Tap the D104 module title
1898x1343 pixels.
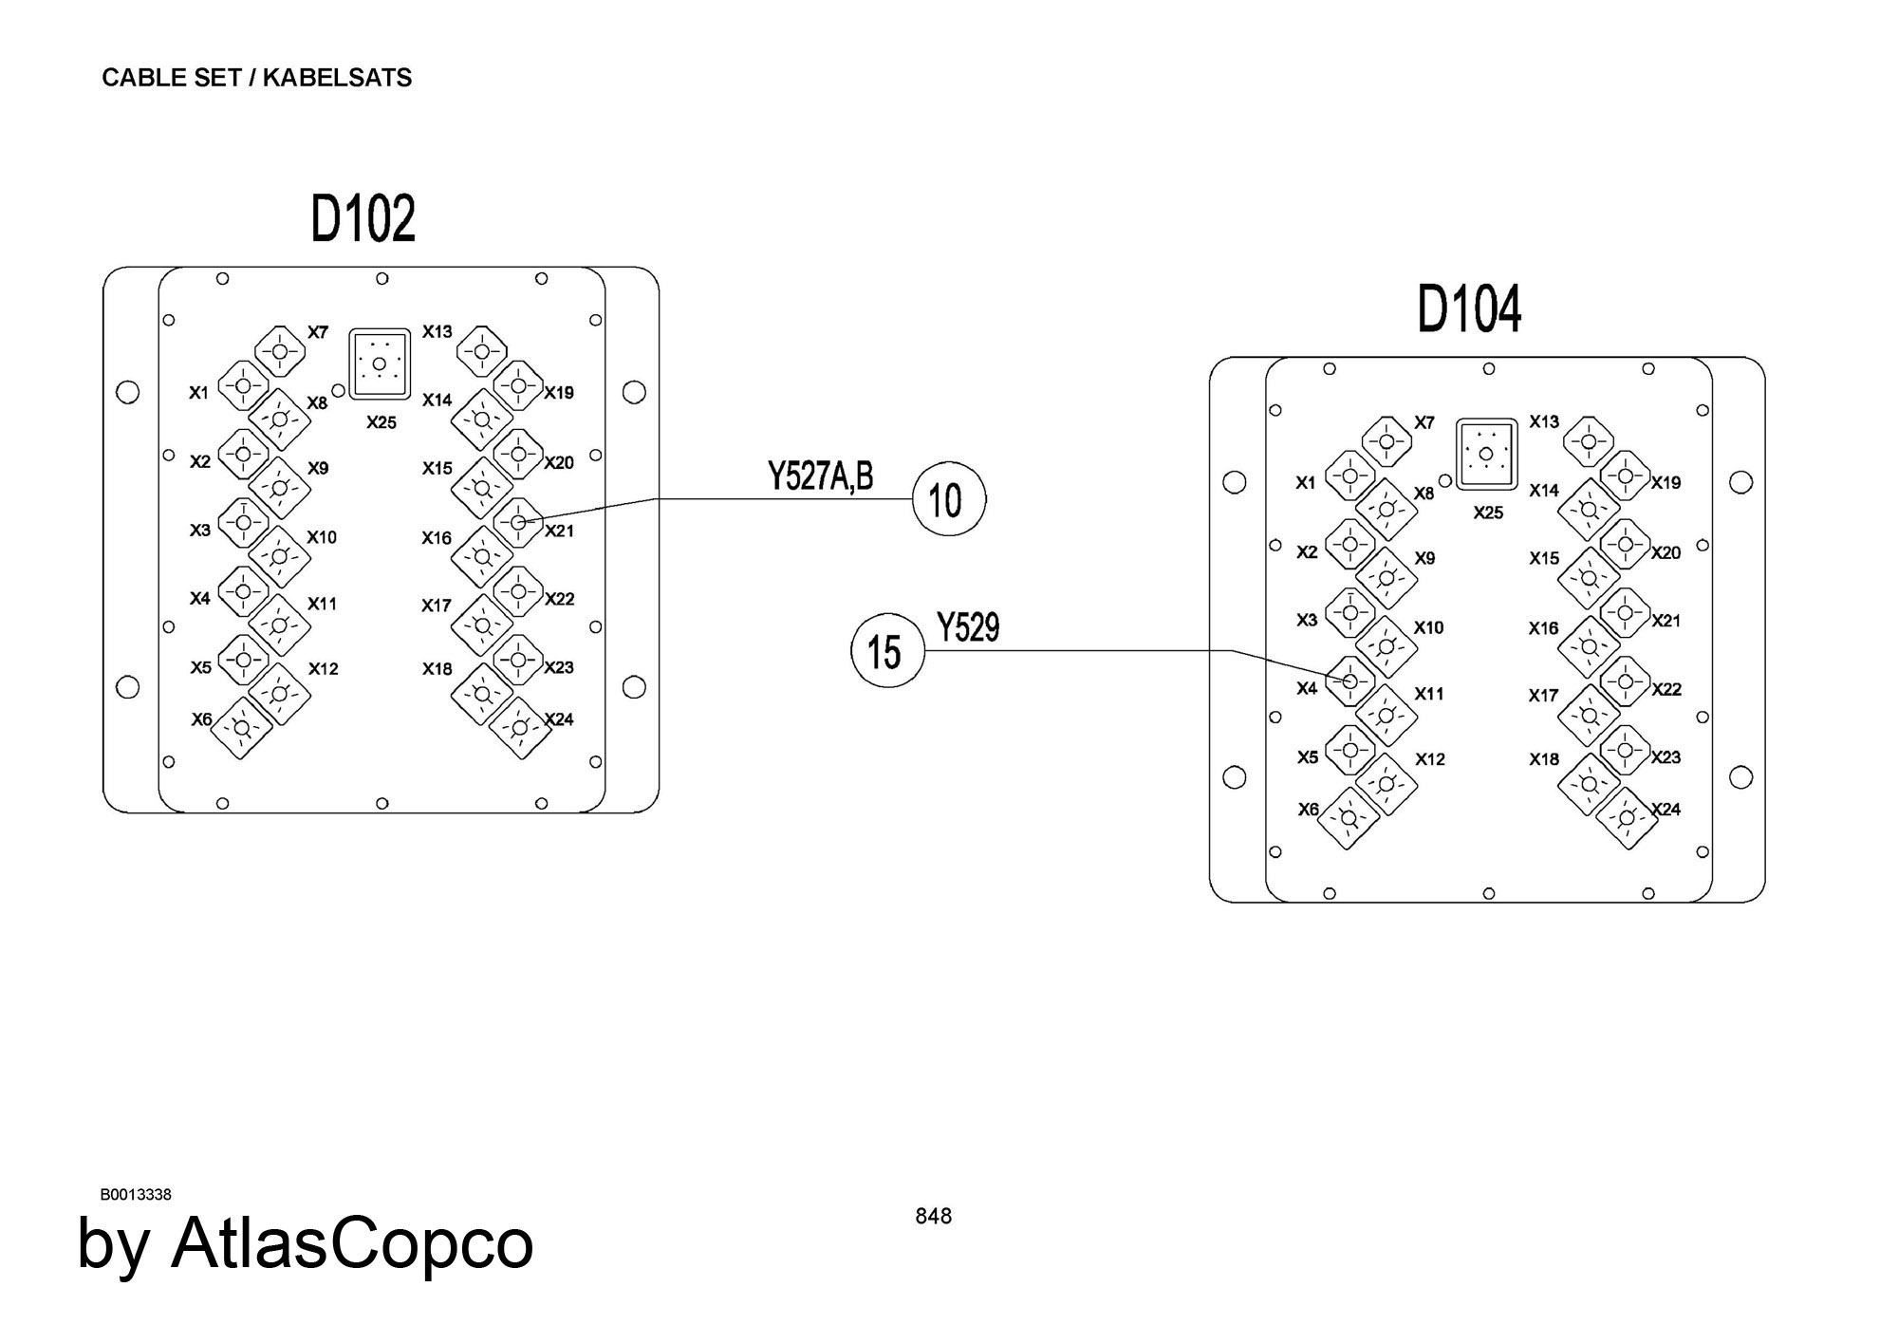(x=1469, y=309)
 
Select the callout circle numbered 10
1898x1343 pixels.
(x=949, y=500)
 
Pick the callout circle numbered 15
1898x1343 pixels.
(x=887, y=652)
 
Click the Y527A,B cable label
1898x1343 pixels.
(x=821, y=476)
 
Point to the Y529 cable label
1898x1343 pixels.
(x=968, y=627)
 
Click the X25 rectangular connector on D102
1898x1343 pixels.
(x=379, y=364)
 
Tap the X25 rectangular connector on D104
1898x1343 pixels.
(x=1486, y=454)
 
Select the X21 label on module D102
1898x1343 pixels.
(x=559, y=532)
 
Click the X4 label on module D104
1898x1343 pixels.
(x=1307, y=688)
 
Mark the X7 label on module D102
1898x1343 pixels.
(x=318, y=332)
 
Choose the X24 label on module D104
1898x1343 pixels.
(x=1665, y=810)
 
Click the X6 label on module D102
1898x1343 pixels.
(x=201, y=719)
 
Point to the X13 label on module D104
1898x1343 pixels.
(x=1544, y=421)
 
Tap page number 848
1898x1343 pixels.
(x=933, y=1216)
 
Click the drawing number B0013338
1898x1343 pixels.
(x=136, y=1195)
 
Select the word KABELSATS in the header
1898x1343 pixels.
(x=337, y=78)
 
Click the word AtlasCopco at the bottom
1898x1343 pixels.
(x=352, y=1243)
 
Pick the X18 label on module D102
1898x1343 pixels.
(x=437, y=669)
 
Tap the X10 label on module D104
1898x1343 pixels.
(x=1428, y=627)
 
